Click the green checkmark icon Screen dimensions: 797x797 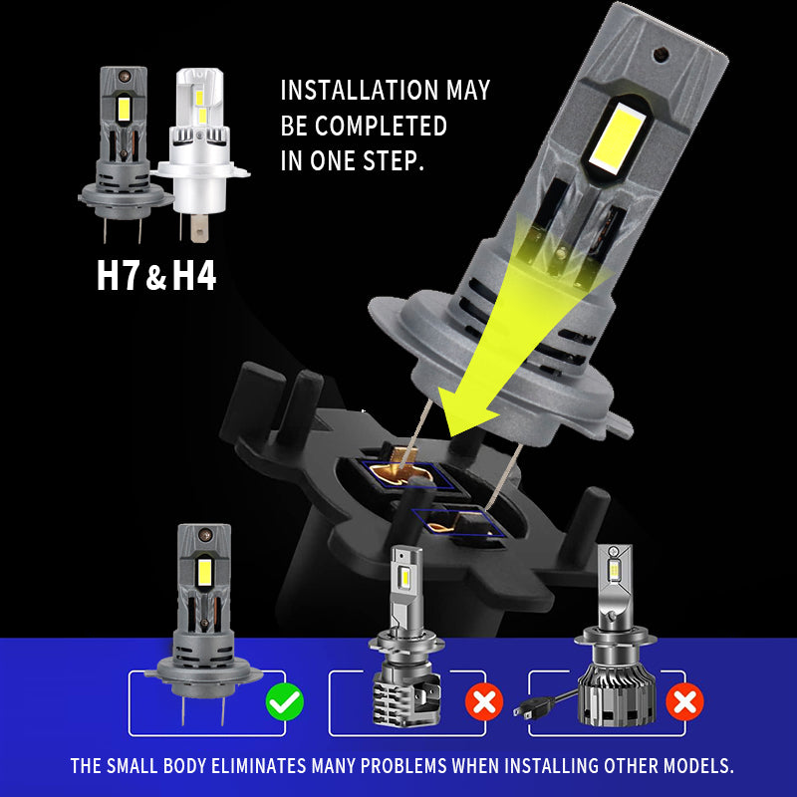pyautogui.click(x=285, y=702)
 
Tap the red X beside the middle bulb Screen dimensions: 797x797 pyautogui.click(x=484, y=702)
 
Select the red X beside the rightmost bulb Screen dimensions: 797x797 pyautogui.click(x=684, y=702)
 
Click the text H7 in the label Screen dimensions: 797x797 pyautogui.click(x=118, y=276)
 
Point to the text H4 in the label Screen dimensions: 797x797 pyautogui.click(x=194, y=276)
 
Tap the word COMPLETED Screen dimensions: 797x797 pyautogui.click(x=381, y=126)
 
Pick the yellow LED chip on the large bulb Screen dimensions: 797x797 pyautogui.click(x=616, y=136)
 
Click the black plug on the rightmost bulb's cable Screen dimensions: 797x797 pyautogui.click(x=534, y=706)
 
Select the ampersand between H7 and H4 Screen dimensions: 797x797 pyautogui.click(x=156, y=279)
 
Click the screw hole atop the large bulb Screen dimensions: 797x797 pyautogui.click(x=661, y=54)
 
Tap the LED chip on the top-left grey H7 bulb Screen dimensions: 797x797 pyautogui.click(x=124, y=109)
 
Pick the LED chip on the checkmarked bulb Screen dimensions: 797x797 pyautogui.click(x=204, y=572)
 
